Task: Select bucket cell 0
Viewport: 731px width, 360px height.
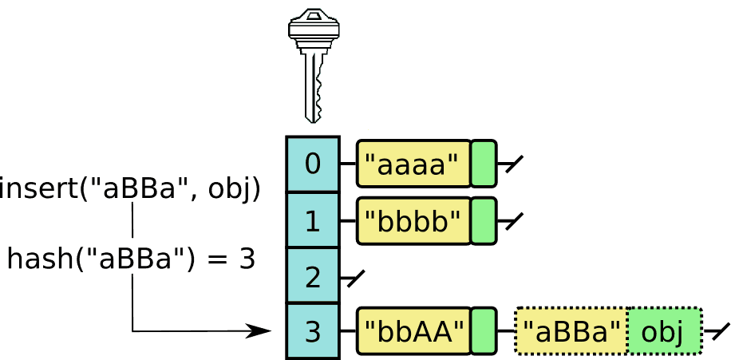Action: click(313, 164)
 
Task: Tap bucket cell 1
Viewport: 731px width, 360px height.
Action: click(313, 220)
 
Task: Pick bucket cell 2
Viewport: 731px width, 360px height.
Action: click(313, 276)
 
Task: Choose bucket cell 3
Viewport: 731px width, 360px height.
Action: click(313, 331)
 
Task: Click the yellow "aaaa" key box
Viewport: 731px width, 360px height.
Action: click(413, 164)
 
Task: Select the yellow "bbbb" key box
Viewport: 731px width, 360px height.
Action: click(413, 220)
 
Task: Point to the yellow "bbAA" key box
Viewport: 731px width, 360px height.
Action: click(413, 331)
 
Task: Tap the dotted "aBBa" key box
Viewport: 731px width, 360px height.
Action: click(571, 331)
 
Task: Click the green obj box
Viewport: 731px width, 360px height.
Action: click(664, 331)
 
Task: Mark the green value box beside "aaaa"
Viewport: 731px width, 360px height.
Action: click(483, 164)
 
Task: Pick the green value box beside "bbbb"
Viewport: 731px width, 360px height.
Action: click(483, 220)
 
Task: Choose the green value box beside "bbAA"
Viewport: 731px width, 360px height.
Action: click(483, 331)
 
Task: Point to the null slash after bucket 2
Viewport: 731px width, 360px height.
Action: click(354, 278)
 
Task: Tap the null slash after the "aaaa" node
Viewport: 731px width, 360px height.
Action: click(513, 164)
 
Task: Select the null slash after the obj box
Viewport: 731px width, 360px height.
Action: click(719, 331)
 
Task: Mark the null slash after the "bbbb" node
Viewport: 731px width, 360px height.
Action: click(513, 221)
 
